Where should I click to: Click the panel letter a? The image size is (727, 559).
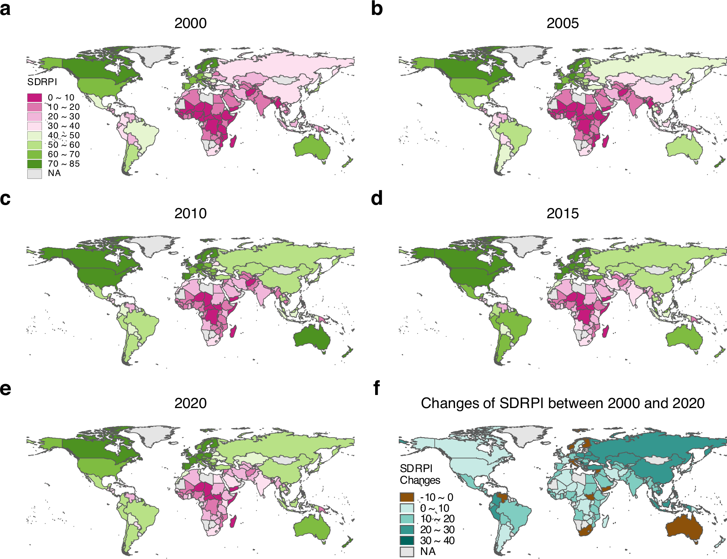click(x=5, y=9)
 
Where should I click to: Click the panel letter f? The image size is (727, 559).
click(x=377, y=388)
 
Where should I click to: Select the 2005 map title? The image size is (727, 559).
click(x=562, y=23)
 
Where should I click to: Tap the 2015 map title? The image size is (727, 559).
click(x=562, y=213)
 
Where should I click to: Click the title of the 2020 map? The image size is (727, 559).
click(x=190, y=403)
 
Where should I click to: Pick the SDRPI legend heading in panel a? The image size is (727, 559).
click(x=42, y=82)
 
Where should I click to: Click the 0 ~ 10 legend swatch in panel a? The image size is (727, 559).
click(x=35, y=97)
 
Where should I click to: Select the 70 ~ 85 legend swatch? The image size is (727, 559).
click(x=35, y=164)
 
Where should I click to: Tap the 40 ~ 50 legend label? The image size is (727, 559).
click(x=64, y=135)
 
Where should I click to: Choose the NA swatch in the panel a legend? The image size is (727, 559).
click(x=35, y=173)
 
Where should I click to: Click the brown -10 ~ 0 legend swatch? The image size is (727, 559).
click(x=407, y=497)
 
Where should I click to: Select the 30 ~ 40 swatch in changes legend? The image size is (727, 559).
click(x=407, y=540)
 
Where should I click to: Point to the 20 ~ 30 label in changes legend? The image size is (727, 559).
click(x=437, y=530)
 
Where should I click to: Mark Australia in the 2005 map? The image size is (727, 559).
click(x=683, y=149)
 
